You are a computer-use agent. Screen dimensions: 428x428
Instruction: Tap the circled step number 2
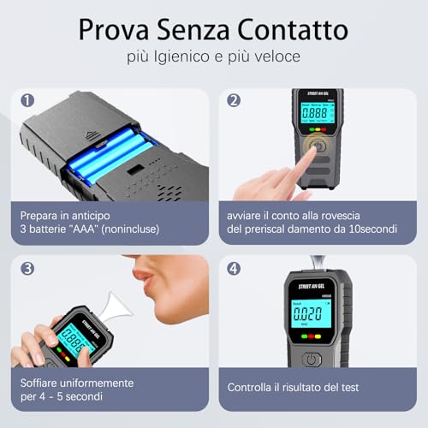[234, 99]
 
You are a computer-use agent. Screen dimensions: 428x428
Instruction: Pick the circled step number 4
[234, 267]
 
